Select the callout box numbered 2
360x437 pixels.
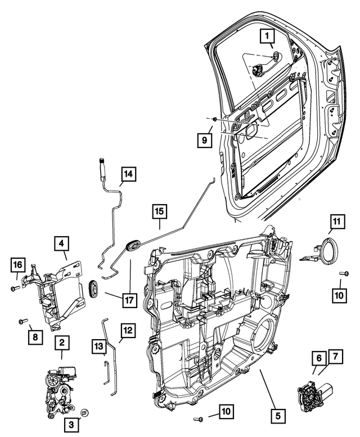point(61,341)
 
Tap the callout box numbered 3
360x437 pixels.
point(72,425)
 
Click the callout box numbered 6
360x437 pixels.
point(318,358)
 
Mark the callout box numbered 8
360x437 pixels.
point(35,337)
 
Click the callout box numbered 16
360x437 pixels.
point(18,264)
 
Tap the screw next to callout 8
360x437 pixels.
point(22,321)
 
